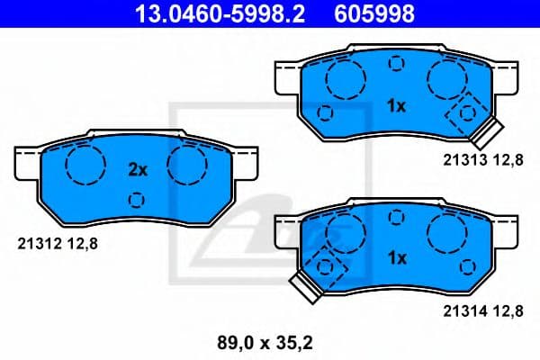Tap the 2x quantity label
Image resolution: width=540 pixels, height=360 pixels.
click(137, 169)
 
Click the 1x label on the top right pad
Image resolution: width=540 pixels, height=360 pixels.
click(396, 106)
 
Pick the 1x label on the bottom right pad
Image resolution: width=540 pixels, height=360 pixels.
click(396, 258)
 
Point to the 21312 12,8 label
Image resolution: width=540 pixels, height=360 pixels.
click(57, 240)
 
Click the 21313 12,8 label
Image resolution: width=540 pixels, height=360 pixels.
click(481, 160)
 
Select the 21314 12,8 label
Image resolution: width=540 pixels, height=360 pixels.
click(481, 312)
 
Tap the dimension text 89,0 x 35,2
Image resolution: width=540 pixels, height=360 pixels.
click(270, 342)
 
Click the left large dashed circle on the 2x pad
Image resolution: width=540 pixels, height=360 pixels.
click(85, 163)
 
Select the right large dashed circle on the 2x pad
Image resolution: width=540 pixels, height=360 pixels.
click(187, 163)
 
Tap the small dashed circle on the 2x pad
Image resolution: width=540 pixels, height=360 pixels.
click(136, 200)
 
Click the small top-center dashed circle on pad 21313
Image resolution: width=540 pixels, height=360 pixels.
click(395, 64)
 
